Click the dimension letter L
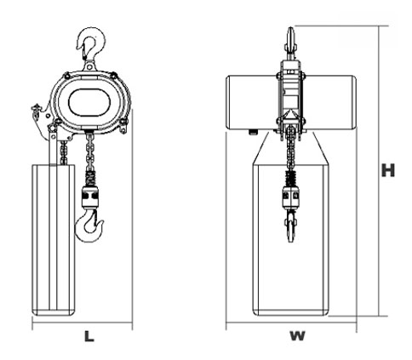tap(89, 336)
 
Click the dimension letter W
tap(297, 336)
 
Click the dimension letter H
tap(388, 170)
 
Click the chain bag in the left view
tap(54, 240)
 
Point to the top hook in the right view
tap(290, 43)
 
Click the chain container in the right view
tap(291, 240)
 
